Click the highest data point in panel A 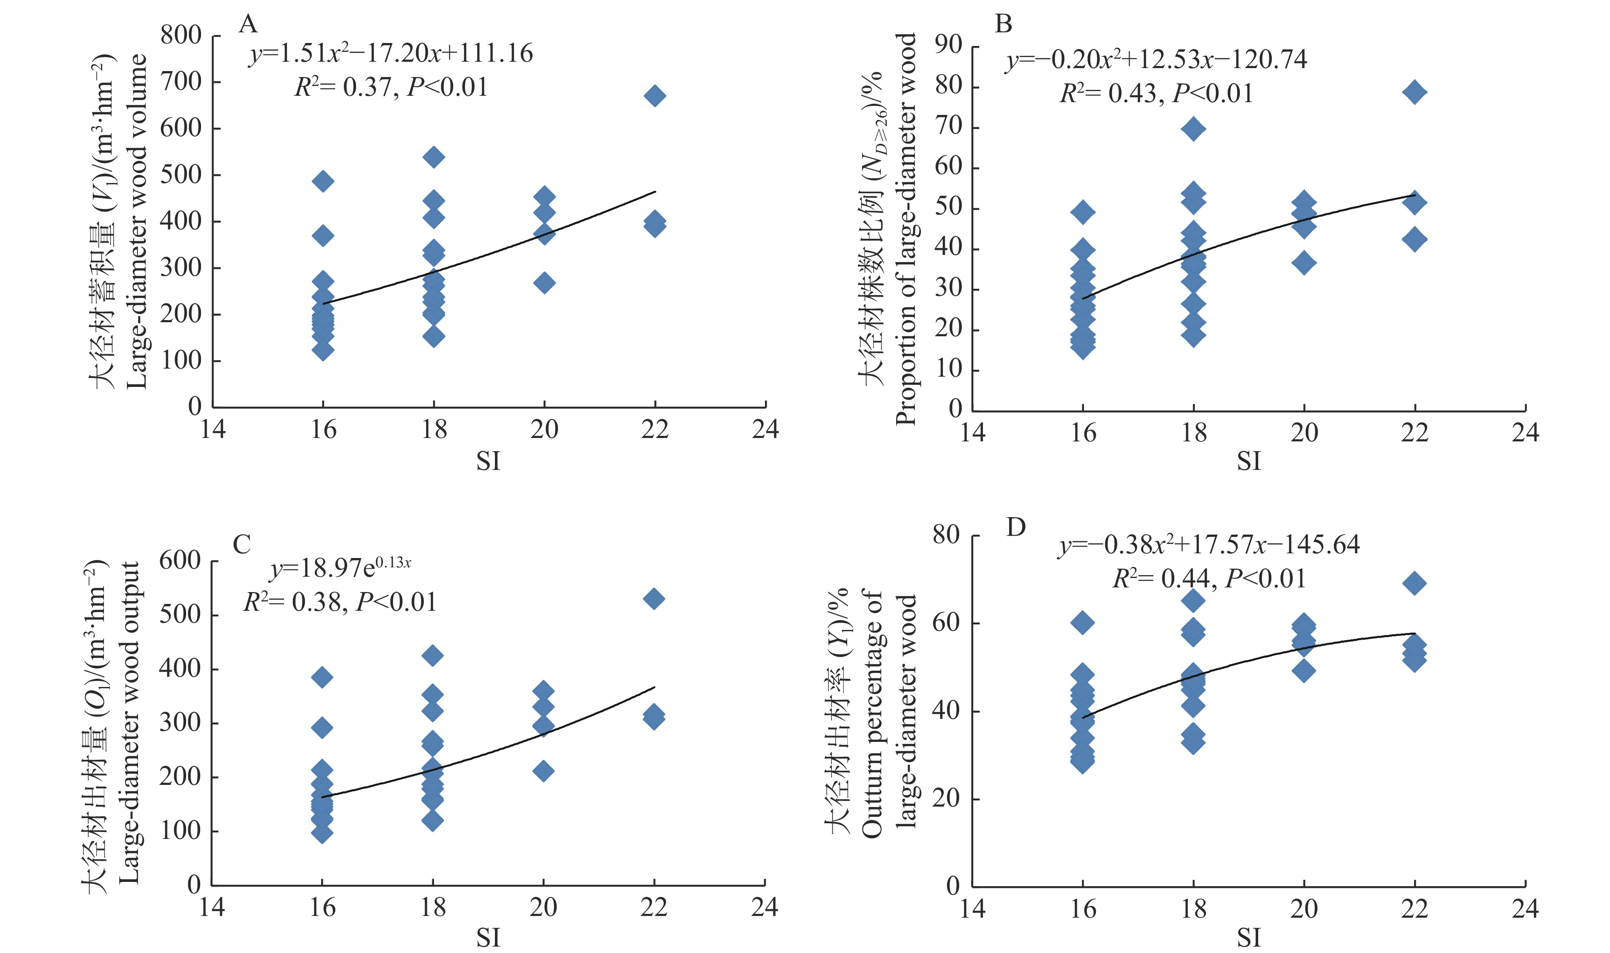[655, 96]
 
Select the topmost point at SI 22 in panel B [1414, 92]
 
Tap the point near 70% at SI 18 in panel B [1193, 129]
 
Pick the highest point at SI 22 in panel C [654, 598]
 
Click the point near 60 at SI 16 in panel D [1083, 622]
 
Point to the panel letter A [247, 24]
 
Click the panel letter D [1016, 527]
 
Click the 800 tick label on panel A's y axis [181, 35]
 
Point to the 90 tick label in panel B [948, 45]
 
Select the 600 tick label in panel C [179, 561]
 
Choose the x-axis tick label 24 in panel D [1524, 909]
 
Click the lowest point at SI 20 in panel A [544, 283]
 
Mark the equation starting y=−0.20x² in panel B [1156, 60]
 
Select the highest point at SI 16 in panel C [322, 677]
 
